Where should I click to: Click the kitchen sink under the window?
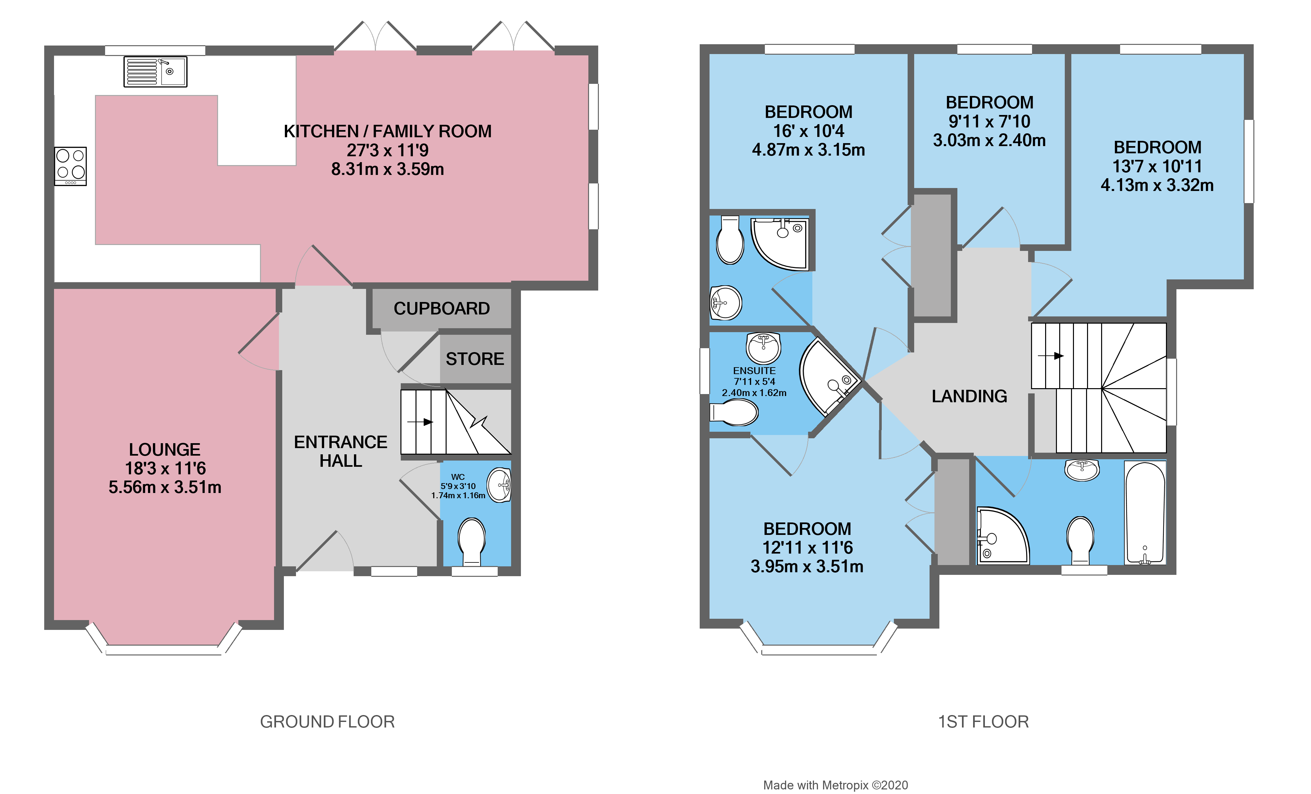click(155, 72)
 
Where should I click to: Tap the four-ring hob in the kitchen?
click(70, 165)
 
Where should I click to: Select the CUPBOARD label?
click(442, 309)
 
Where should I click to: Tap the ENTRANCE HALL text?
click(341, 451)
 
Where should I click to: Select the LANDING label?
click(969, 396)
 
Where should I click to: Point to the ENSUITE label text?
click(754, 370)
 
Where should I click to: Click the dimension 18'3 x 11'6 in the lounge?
click(165, 468)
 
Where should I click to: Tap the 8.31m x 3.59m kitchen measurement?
click(387, 169)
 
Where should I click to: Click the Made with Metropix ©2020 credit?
click(835, 785)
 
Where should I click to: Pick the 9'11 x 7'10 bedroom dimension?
click(989, 121)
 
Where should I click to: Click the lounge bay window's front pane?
click(163, 650)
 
